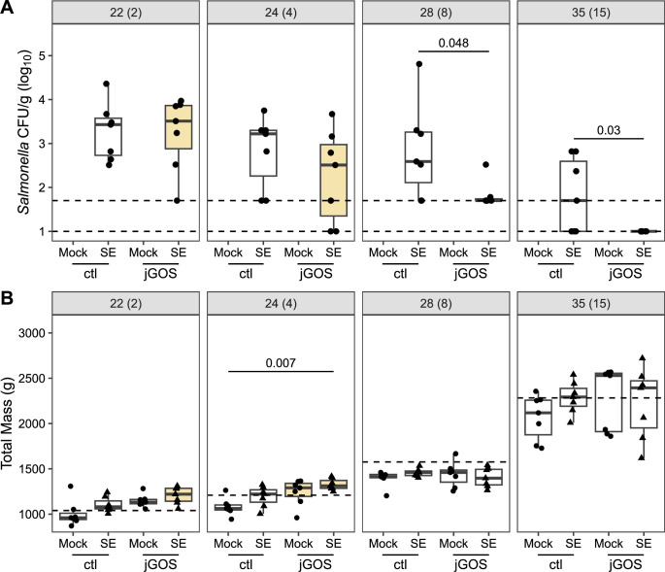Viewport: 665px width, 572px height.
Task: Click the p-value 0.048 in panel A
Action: click(453, 43)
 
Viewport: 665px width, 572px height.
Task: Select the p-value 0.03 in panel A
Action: click(609, 130)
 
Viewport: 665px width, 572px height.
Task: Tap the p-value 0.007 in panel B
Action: click(281, 363)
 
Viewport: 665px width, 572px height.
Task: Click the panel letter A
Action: click(7, 7)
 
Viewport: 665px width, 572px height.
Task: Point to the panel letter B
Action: click(7, 298)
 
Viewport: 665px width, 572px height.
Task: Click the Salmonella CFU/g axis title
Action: click(24, 132)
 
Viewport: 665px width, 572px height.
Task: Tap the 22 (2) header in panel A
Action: click(125, 13)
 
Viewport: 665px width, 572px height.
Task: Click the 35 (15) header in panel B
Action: click(591, 304)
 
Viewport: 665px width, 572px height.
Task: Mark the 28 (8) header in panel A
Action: click(436, 13)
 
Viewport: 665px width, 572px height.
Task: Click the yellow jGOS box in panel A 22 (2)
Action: click(179, 127)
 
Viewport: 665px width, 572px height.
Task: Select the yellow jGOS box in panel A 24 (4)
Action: click(333, 180)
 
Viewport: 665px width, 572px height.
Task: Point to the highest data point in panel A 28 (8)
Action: click(419, 64)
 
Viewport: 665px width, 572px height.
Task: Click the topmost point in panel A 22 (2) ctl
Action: click(107, 84)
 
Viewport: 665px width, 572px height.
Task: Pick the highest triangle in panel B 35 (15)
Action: click(642, 357)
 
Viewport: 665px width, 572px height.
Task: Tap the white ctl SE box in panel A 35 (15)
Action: click(574, 196)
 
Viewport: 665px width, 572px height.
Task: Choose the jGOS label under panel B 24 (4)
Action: click(316, 564)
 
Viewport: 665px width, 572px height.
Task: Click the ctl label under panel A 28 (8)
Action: click(400, 274)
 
